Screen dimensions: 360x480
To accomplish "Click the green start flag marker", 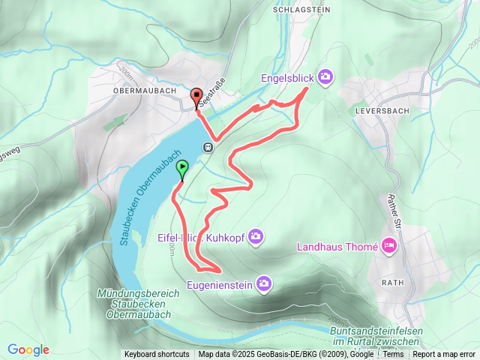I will click(181, 171).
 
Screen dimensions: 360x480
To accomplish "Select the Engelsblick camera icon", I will click(325, 76).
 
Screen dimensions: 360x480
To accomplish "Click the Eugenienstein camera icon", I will click(263, 283).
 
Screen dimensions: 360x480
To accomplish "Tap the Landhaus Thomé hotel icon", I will click(388, 244).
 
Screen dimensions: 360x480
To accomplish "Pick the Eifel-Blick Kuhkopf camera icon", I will click(256, 236).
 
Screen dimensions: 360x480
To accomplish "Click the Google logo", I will click(28, 349).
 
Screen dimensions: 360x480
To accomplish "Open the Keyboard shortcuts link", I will click(157, 355).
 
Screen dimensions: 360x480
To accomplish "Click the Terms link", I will click(393, 355).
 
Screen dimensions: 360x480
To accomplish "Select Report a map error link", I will click(444, 355).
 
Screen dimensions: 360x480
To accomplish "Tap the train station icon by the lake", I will click(208, 147).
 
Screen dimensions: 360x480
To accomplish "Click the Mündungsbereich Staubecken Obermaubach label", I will click(133, 304).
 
